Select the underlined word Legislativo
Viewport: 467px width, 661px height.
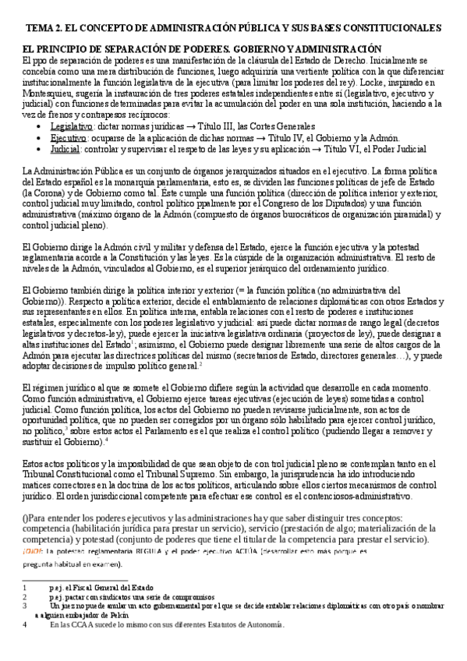pos(70,126)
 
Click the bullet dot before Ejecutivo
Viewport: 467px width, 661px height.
pos(41,136)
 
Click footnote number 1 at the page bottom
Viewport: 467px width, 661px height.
pos(25,588)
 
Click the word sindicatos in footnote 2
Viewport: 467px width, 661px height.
pos(101,596)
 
